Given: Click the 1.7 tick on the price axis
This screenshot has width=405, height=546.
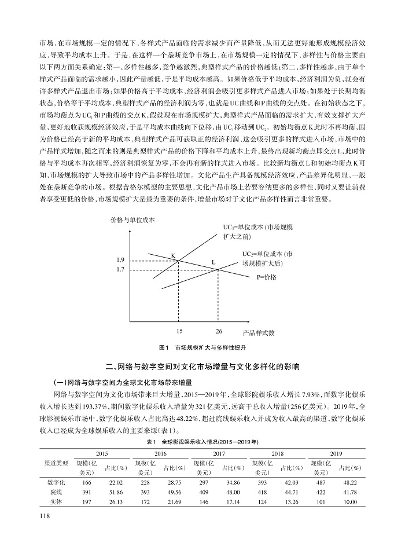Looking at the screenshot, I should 120,270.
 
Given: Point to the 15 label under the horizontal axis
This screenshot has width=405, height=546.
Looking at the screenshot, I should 179,331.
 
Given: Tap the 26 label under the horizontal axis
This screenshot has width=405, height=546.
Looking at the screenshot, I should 218,331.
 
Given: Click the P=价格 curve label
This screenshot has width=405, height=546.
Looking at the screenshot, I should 267,277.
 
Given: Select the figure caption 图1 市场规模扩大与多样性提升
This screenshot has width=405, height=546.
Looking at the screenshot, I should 202,348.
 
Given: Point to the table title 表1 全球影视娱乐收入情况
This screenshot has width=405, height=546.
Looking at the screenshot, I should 202,442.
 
